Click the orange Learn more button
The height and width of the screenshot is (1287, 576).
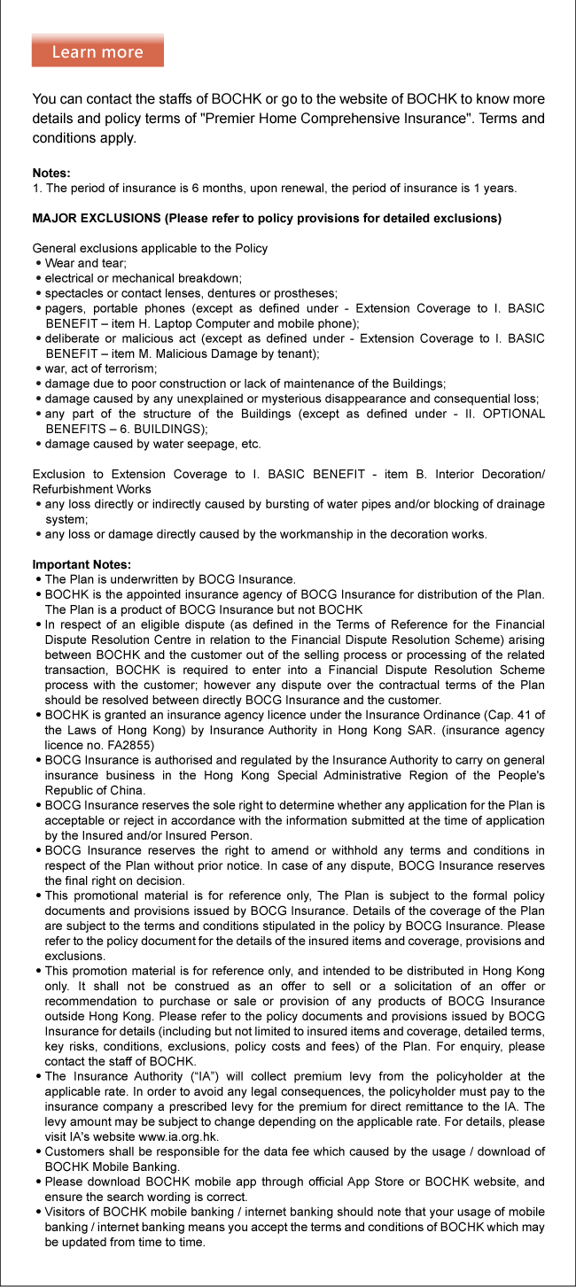pos(97,51)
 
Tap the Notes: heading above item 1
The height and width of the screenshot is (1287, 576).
pos(51,173)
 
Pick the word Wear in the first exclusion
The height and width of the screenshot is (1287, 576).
pos(60,263)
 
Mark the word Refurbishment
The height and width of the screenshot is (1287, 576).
pos(69,489)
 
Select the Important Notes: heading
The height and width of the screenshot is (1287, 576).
pos(82,564)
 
